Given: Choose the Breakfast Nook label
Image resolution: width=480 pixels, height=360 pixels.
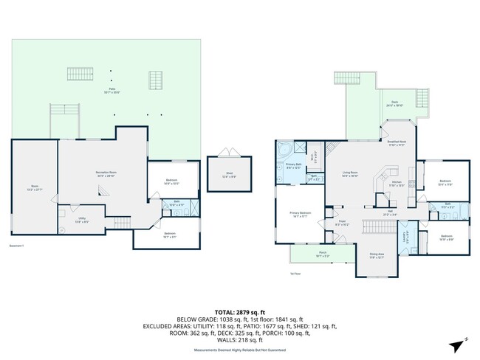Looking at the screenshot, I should tap(397, 143).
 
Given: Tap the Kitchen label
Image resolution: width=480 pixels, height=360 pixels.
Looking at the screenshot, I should tap(396, 183).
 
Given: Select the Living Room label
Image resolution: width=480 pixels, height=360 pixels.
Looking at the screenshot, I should tap(350, 174).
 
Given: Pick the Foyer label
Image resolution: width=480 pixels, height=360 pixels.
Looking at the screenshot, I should tap(343, 222).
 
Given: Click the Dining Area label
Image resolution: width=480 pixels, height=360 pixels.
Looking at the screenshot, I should tap(377, 255).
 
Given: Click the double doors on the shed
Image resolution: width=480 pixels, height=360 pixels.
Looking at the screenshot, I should tap(230, 152).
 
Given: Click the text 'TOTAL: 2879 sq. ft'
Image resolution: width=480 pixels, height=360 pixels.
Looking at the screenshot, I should tap(240, 313).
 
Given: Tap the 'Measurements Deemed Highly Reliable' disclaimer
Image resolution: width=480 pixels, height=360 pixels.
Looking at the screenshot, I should tap(240, 351).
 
